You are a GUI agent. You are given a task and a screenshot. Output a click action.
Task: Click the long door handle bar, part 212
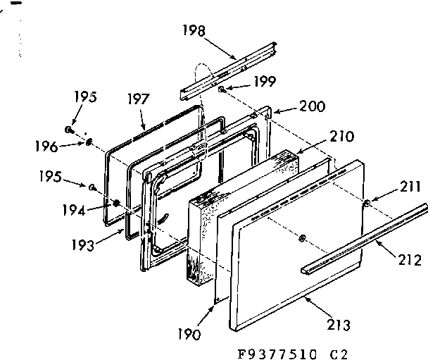point(366,236)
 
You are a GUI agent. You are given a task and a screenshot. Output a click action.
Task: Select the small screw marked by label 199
point(222,90)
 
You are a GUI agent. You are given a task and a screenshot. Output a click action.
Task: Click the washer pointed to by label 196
point(90,142)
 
